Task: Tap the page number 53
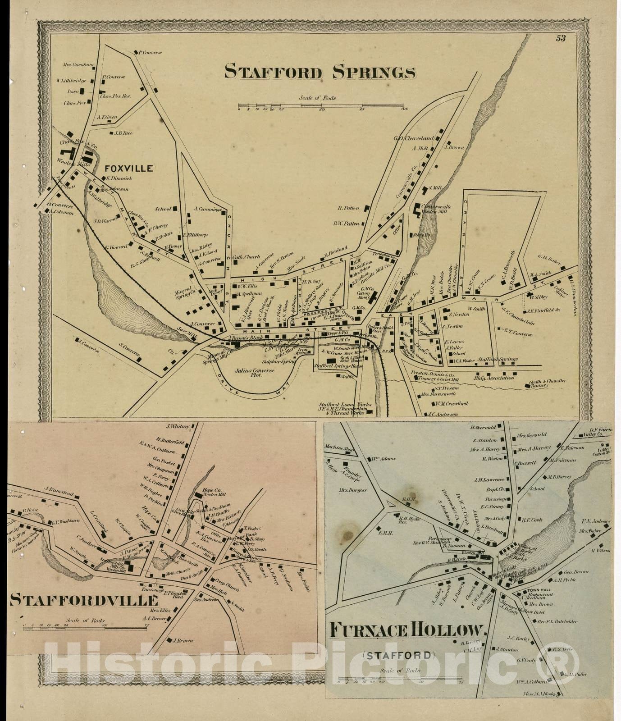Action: click(560, 38)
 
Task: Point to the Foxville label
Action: click(129, 169)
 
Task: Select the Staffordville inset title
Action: click(84, 600)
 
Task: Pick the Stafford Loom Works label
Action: click(345, 405)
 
